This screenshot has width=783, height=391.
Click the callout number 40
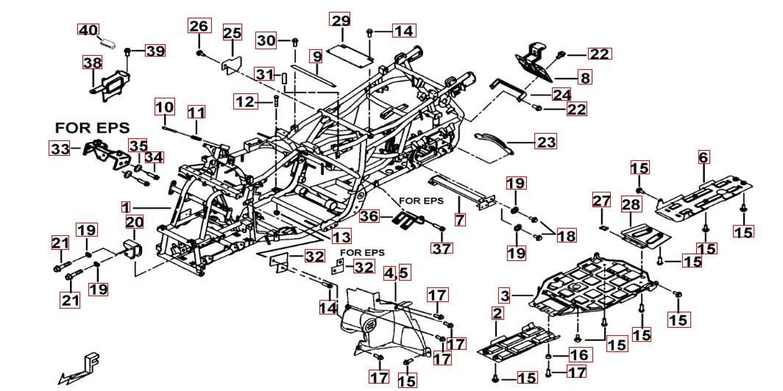pos(88,30)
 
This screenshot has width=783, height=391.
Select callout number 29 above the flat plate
pos(340,20)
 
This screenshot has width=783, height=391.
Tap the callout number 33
pos(60,148)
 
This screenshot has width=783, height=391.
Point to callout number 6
pos(704,157)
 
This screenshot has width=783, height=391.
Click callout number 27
pos(602,201)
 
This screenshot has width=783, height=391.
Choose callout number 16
pos(579,356)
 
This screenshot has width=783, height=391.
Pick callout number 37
pos(442,248)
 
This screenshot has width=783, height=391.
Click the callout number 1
pos(126,208)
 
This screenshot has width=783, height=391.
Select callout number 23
pos(546,141)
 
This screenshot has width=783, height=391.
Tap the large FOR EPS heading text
pos(92,128)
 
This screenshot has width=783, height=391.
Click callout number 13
pos(341,237)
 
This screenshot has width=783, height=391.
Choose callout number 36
pos(369,216)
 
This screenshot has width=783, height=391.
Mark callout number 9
pos(316,56)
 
